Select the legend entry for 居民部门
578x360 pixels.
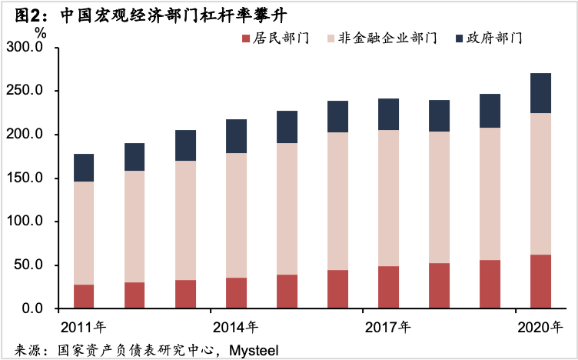[281, 38]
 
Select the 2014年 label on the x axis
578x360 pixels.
[235, 327]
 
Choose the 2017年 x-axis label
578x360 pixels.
[387, 327]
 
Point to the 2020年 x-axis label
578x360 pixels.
[540, 327]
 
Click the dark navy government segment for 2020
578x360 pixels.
[540, 93]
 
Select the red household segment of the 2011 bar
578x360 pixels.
[84, 297]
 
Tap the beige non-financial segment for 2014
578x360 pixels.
[236, 215]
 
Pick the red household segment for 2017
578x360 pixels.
[388, 288]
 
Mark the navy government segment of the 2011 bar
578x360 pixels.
[84, 168]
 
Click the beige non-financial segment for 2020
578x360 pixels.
[540, 184]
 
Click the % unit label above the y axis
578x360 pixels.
[40, 33]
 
